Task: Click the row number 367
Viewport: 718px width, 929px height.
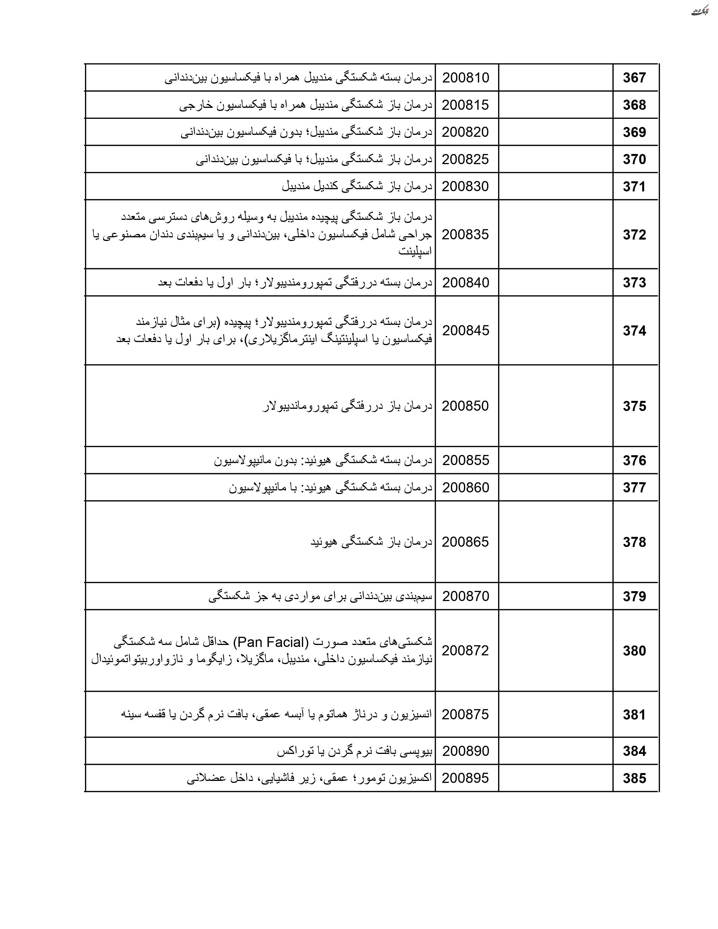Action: [634, 78]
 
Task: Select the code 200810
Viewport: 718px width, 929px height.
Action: [466, 78]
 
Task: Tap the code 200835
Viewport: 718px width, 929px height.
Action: [465, 235]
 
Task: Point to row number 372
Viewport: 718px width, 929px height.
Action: [634, 235]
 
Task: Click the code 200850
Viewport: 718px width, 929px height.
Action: [465, 406]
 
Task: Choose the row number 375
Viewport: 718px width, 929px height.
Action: [634, 406]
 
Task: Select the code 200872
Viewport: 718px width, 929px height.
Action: [465, 650]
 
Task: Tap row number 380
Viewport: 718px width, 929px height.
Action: [634, 651]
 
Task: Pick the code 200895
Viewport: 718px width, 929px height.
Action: [465, 778]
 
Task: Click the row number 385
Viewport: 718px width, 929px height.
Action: [634, 778]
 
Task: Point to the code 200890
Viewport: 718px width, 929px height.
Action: [466, 751]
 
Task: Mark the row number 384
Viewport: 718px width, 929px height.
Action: [634, 751]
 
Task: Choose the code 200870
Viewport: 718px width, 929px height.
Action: [466, 596]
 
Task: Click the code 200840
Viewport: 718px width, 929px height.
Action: [466, 282]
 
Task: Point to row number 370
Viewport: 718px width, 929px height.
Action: [634, 160]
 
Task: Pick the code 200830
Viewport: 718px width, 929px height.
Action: [465, 186]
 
